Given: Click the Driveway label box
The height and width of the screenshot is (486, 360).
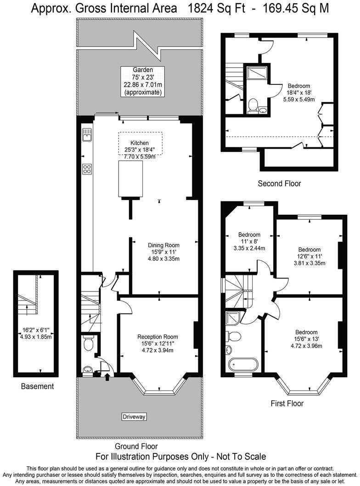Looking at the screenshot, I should click(x=134, y=417).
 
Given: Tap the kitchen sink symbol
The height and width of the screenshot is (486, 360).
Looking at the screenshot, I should click(x=86, y=134).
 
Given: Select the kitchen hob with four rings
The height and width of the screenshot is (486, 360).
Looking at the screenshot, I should click(x=86, y=169).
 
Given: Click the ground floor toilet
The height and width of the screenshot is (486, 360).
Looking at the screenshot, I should click(x=88, y=343).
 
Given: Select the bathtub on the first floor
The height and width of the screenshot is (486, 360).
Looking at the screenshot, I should click(x=243, y=364).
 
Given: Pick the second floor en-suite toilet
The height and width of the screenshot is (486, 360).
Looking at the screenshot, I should click(x=252, y=106).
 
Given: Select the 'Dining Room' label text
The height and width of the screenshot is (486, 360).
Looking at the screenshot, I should click(x=163, y=245).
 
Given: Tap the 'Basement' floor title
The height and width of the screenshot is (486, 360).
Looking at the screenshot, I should click(x=37, y=386).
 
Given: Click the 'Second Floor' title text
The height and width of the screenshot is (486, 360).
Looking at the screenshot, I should click(x=279, y=184).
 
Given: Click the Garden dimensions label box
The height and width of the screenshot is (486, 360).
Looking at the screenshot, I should click(x=143, y=81).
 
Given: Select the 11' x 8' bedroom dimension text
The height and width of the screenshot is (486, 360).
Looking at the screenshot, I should click(x=249, y=242).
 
